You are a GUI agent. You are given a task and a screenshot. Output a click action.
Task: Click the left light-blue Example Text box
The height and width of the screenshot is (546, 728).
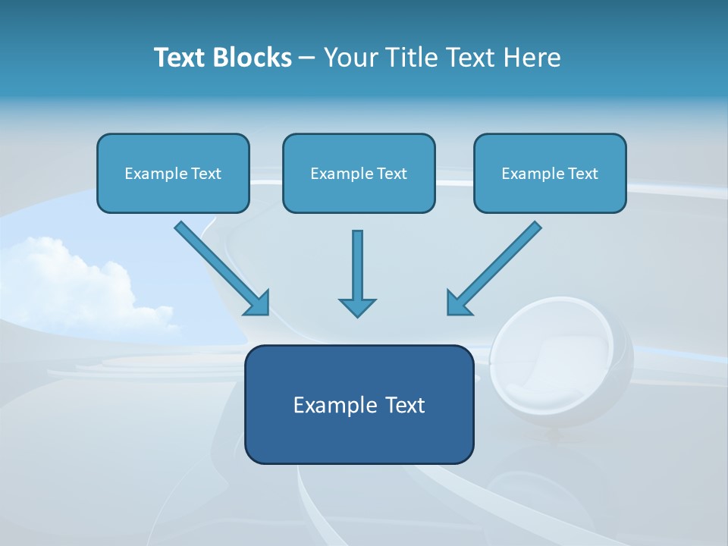[173, 173]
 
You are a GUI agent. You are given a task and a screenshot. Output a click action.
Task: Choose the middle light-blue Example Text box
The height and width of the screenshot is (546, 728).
[359, 173]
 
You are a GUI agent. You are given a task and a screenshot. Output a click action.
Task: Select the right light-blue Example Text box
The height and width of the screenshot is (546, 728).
[550, 173]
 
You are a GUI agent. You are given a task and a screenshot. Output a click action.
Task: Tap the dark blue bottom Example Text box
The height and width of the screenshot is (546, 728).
[359, 404]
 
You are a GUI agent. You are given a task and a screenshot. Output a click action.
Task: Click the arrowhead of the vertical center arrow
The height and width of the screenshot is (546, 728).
[357, 306]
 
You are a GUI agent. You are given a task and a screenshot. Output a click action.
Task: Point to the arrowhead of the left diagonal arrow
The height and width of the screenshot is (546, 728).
[259, 304]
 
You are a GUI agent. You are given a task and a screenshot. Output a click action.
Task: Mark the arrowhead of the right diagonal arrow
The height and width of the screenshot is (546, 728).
[458, 303]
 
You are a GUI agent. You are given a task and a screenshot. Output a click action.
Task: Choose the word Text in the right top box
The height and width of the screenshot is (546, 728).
[583, 174]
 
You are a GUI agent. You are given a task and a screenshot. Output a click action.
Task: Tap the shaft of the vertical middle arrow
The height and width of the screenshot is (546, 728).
[357, 262]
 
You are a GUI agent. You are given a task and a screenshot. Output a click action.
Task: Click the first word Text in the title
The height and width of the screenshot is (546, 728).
[180, 58]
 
